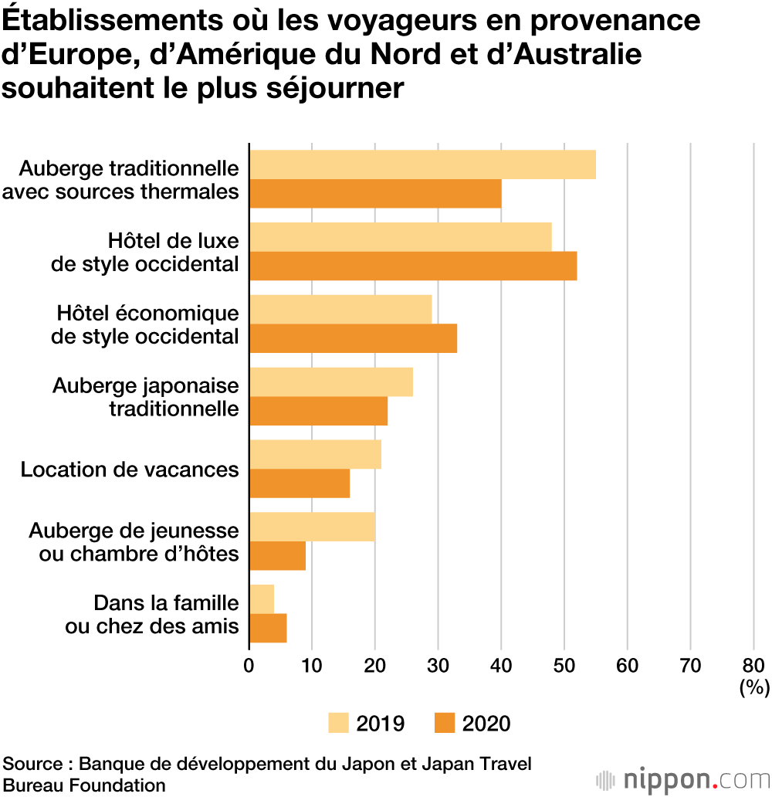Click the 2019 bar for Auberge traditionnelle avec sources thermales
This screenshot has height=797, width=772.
pyautogui.click(x=423, y=164)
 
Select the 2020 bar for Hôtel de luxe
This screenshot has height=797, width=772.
pyautogui.click(x=413, y=266)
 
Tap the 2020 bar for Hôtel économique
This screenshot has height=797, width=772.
pyautogui.click(x=354, y=338)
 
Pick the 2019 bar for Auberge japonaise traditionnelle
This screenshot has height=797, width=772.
pyautogui.click(x=331, y=382)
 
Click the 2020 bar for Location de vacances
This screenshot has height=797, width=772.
pyautogui.click(x=300, y=483)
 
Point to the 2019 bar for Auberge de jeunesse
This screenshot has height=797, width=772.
pyautogui.click(x=313, y=527)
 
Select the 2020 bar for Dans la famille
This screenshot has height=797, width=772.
pyautogui.click(x=269, y=628)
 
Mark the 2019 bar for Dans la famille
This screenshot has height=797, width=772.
pyautogui.click(x=262, y=599)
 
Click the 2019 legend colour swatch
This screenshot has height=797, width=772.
pyautogui.click(x=338, y=723)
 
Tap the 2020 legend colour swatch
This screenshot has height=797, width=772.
pyautogui.click(x=445, y=723)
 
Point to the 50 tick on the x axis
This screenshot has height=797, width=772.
pyautogui.click(x=564, y=666)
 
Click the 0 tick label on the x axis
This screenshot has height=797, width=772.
pyautogui.click(x=249, y=666)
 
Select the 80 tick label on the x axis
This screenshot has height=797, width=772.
pyautogui.click(x=753, y=666)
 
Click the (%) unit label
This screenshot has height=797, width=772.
pyautogui.click(x=755, y=687)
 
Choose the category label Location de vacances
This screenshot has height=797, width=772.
pyautogui.click(x=130, y=470)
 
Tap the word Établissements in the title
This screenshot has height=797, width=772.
pyautogui.click(x=112, y=20)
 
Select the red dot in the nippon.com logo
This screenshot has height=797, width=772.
pyautogui.click(x=715, y=787)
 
